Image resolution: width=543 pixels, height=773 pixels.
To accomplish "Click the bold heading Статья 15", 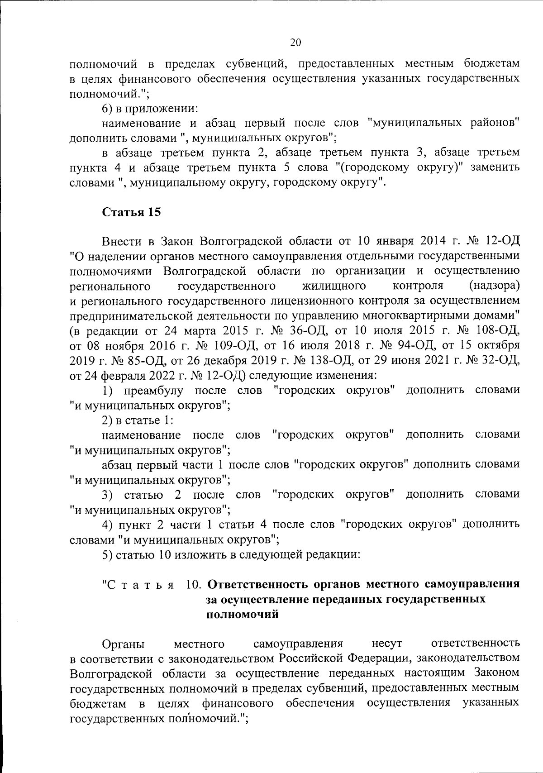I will (x=131, y=212).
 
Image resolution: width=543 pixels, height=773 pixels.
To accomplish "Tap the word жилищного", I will (x=334, y=286).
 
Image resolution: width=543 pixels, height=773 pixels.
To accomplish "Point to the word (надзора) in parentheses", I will (x=494, y=286).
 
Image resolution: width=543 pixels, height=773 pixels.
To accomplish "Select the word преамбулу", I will (x=154, y=390).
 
